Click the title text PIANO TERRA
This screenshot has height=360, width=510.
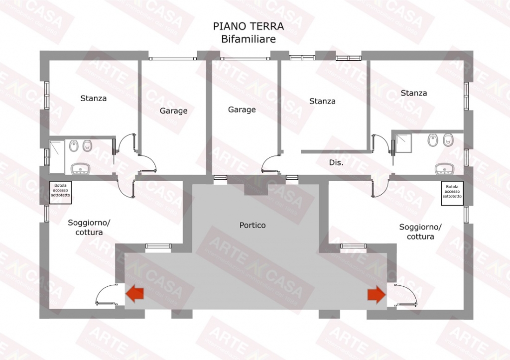click(x=249, y=26)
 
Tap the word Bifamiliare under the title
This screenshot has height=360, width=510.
click(x=248, y=38)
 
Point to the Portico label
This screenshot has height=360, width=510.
click(x=253, y=225)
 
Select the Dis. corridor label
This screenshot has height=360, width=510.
click(x=336, y=162)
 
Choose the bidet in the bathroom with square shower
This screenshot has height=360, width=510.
click(x=432, y=140)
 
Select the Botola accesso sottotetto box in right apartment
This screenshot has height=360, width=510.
click(x=452, y=193)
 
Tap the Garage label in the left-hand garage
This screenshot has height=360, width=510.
click(x=173, y=111)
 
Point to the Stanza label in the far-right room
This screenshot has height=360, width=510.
click(x=413, y=93)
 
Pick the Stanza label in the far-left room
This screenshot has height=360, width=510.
click(x=93, y=98)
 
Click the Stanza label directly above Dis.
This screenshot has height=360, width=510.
click(x=322, y=101)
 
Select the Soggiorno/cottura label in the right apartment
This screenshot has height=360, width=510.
click(x=420, y=232)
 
